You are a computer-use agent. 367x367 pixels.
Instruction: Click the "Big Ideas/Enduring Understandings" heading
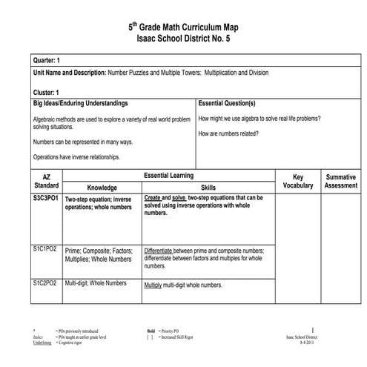81,103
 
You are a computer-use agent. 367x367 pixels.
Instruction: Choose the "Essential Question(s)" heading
227,103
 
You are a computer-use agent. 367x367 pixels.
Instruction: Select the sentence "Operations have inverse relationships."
76,157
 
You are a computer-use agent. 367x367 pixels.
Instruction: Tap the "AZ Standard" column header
46,180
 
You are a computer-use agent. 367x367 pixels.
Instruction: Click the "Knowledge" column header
102,188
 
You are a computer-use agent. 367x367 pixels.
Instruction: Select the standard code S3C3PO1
46,198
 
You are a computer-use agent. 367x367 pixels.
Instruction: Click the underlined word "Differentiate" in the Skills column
164,251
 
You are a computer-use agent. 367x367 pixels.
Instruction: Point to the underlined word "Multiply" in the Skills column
153,284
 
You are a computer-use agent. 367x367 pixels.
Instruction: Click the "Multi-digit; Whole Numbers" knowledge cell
96,283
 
